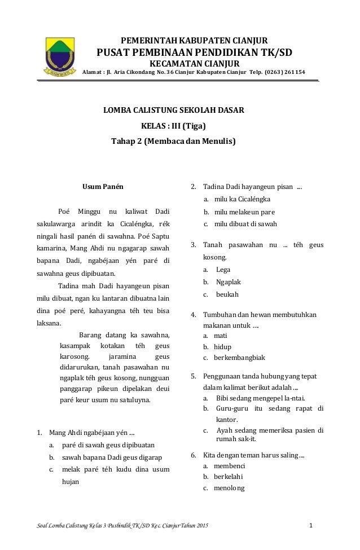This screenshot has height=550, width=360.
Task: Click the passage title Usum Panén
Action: (x=103, y=186)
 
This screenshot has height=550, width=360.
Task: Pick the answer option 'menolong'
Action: (x=229, y=489)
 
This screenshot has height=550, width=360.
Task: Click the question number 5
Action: (x=193, y=376)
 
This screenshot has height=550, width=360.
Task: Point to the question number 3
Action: (x=193, y=245)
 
